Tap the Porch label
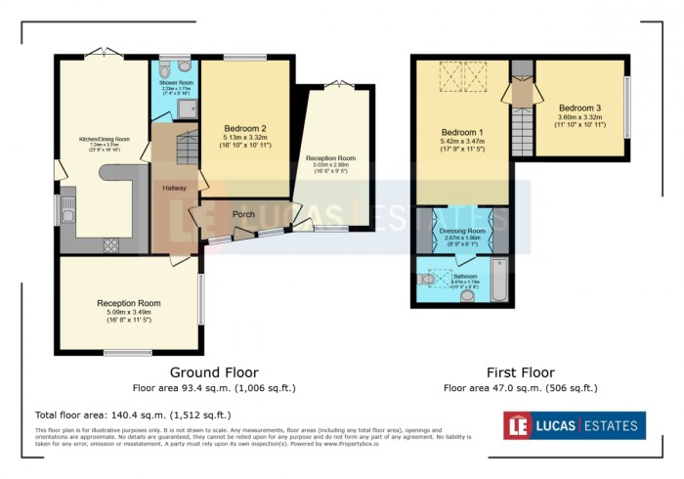pyautogui.click(x=243, y=214)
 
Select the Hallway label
pyautogui.click(x=176, y=188)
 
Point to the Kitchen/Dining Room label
pyautogui.click(x=105, y=139)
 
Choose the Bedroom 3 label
pyautogui.click(x=579, y=108)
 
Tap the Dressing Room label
pyautogui.click(x=462, y=231)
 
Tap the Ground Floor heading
pyautogui.click(x=214, y=372)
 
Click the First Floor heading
pyautogui.click(x=520, y=372)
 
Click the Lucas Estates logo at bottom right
pyautogui.click(x=574, y=425)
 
